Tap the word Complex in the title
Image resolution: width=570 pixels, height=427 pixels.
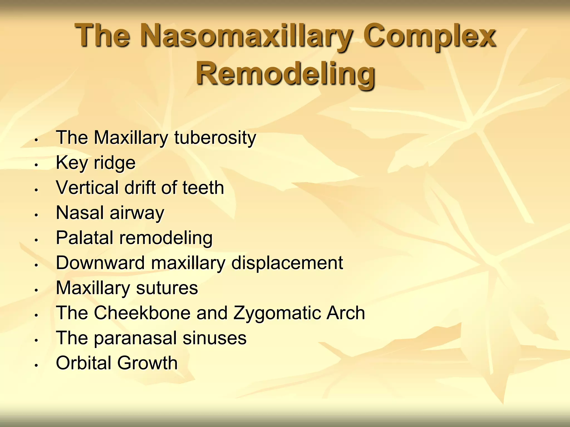click(x=430, y=36)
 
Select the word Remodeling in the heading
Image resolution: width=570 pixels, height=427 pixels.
click(x=285, y=74)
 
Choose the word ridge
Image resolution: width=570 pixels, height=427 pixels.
click(x=115, y=163)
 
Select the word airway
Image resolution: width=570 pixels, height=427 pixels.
click(x=137, y=213)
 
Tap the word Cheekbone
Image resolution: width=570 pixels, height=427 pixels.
click(x=142, y=313)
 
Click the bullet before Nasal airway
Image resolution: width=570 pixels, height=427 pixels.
click(x=36, y=215)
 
